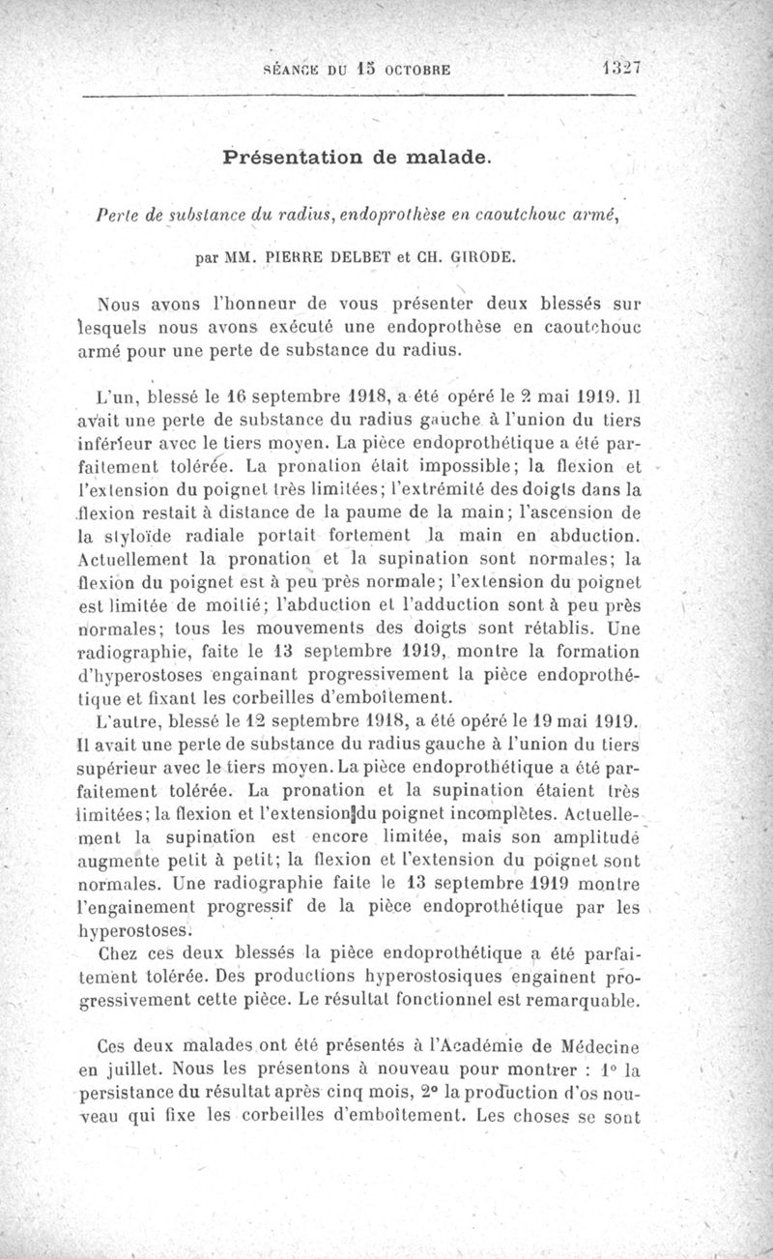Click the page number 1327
[x=619, y=71]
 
